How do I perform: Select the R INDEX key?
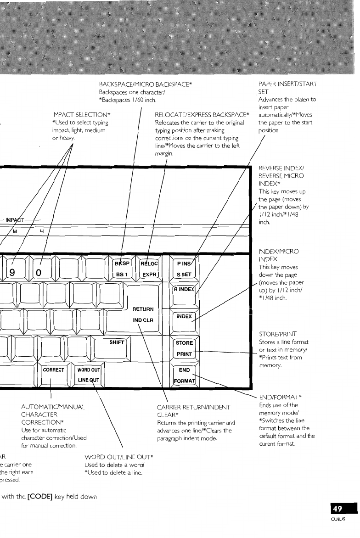[184, 290]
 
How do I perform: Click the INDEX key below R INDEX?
[184, 316]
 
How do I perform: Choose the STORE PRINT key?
[184, 348]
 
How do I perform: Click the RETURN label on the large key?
[142, 309]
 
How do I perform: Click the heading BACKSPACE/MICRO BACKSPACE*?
[145, 73]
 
